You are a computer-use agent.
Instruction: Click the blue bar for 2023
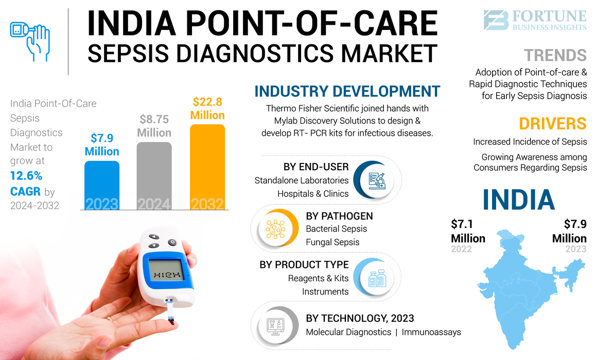click(102, 185)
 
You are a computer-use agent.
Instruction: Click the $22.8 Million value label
click(207, 109)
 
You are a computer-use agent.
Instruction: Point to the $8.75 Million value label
click(154, 126)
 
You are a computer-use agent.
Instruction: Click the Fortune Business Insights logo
click(535, 20)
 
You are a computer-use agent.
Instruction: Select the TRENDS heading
click(555, 55)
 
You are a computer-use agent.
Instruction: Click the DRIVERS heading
click(552, 123)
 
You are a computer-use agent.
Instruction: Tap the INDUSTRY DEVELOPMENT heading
click(347, 92)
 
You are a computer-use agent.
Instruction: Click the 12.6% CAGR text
click(26, 184)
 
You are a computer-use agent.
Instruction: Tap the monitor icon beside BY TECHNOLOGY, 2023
click(275, 326)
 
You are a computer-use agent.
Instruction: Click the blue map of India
click(520, 288)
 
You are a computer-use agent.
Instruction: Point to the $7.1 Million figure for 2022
click(468, 231)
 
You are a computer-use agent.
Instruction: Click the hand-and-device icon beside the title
click(30, 39)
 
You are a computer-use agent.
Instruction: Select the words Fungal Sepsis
click(332, 242)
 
